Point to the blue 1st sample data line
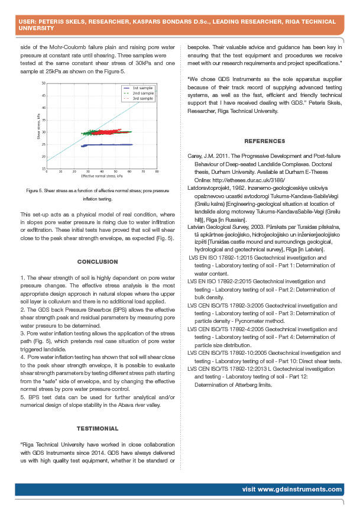click(x=112, y=144)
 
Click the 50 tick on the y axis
click(x=43, y=83)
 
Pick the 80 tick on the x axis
click(x=157, y=172)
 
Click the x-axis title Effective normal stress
click(x=102, y=176)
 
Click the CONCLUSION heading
click(x=98, y=261)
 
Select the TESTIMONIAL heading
click(x=98, y=428)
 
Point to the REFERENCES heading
click(x=264, y=141)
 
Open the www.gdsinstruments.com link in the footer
click(x=292, y=489)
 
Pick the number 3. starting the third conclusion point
click(x=22, y=334)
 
